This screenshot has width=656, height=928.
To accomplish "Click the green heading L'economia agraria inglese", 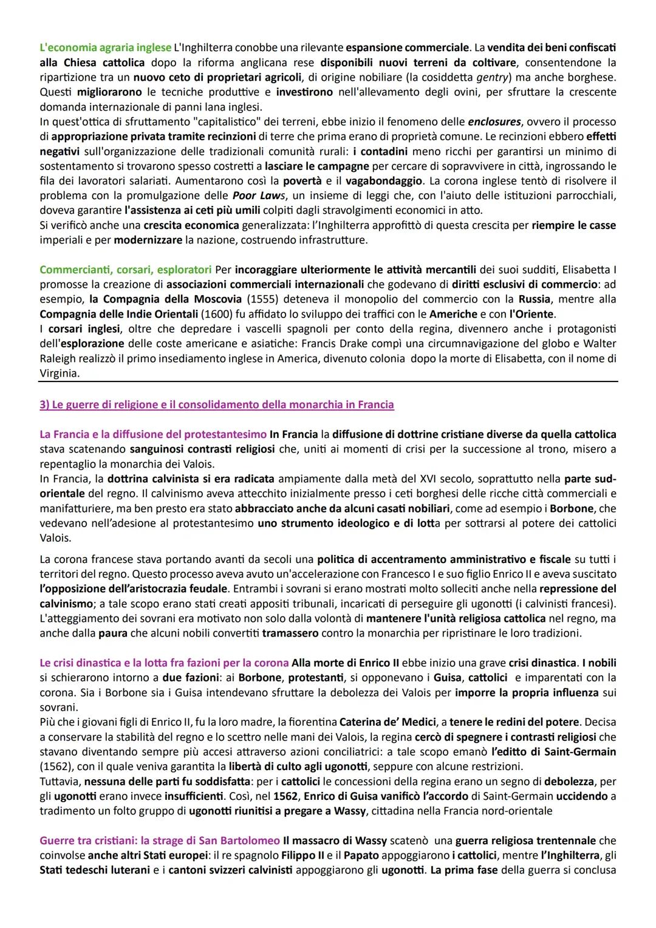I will coord(101,47).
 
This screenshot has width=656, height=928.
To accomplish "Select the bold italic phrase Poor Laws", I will coord(255,196).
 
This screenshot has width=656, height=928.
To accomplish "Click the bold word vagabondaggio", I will coord(389,181).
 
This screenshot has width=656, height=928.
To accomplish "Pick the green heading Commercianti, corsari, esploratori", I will coord(125,270).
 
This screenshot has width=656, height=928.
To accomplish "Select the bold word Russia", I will coord(534,299).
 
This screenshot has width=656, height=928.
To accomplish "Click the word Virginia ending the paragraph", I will coord(59,374).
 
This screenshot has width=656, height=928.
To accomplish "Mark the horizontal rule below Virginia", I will coord(328,381).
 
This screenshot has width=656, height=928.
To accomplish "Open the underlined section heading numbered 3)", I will coord(216,404).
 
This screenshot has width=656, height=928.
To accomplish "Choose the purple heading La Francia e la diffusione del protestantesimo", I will coord(153,434).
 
